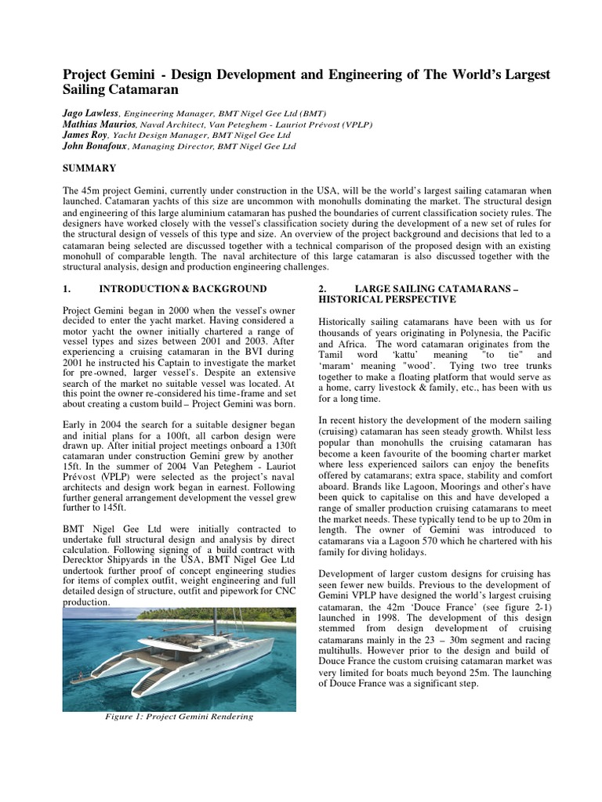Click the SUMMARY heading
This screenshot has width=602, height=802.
point(89,168)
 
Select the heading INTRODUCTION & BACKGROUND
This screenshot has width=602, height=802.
point(183,289)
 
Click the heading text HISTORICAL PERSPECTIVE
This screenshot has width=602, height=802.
point(386,300)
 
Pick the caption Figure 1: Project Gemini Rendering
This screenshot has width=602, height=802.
point(179,716)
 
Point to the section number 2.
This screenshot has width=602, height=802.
point(323,289)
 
